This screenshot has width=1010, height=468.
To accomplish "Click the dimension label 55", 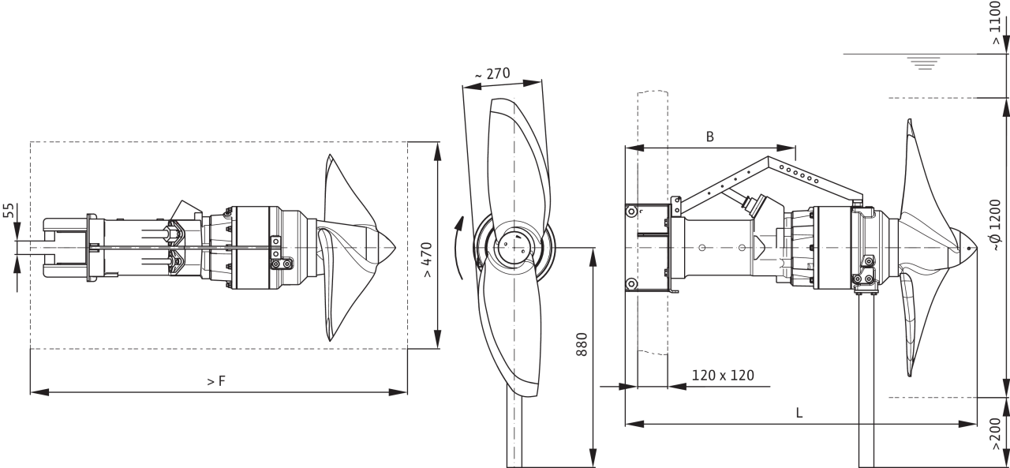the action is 9,211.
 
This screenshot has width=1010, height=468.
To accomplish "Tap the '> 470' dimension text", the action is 427,260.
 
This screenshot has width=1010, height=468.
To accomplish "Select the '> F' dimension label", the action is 216,381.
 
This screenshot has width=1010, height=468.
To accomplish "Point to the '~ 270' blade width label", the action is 492,73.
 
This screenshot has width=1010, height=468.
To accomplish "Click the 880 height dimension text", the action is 582,344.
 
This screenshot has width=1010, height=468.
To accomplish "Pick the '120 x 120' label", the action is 723,375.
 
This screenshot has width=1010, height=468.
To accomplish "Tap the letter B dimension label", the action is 709,137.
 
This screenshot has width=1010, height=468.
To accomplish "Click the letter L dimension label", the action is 799,413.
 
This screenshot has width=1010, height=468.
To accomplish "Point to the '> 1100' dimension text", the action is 996,23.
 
